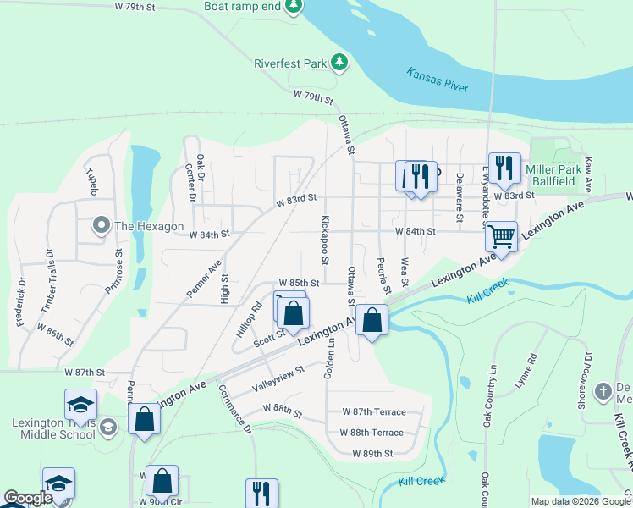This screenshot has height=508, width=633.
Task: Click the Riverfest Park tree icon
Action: [x=339, y=62]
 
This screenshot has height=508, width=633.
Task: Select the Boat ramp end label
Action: [x=241, y=6]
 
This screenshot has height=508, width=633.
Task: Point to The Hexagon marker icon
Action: [x=101, y=225]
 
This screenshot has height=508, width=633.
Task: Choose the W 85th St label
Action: [x=299, y=284]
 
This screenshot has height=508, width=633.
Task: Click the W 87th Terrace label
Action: [x=373, y=412]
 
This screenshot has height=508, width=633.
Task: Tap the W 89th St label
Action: [x=373, y=453]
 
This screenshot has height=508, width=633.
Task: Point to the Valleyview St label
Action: [x=278, y=382]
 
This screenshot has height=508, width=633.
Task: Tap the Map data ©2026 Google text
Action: [x=581, y=501]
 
